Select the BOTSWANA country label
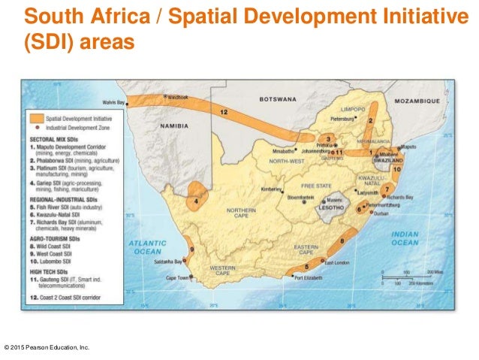(x=278, y=98)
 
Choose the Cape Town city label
(x=178, y=278)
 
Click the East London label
(x=339, y=262)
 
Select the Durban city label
(x=383, y=214)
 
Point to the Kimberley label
(x=271, y=189)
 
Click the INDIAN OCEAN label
(x=405, y=238)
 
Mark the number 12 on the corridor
(x=224, y=111)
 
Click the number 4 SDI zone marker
(x=197, y=201)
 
